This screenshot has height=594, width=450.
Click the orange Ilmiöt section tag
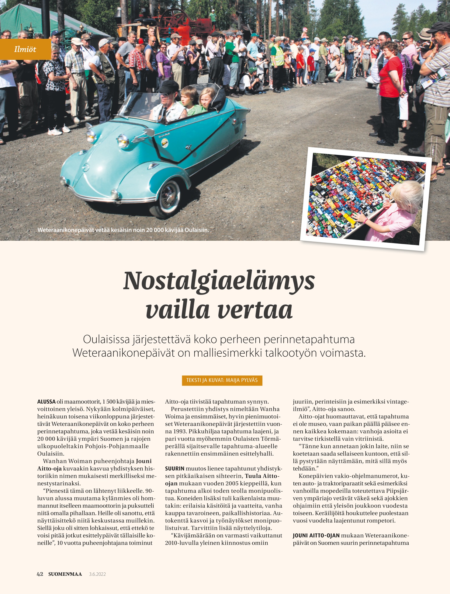25,49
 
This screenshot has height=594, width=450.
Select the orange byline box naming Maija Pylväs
222,380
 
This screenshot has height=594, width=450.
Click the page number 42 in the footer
40,574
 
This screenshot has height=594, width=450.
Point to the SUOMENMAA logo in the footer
65,574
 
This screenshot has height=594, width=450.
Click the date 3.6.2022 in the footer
97,574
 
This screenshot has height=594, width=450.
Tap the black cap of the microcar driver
168,87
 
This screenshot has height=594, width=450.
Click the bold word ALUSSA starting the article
46,402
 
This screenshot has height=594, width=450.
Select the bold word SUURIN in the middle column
175,469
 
